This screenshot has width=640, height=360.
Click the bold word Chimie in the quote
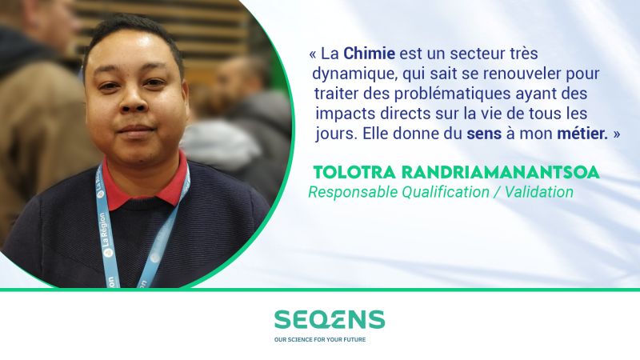pyautogui.click(x=369, y=54)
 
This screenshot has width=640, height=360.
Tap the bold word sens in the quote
pyautogui.click(x=484, y=134)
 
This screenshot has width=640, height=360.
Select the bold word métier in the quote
pyautogui.click(x=582, y=134)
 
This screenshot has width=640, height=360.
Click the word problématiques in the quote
pyautogui.click(x=452, y=94)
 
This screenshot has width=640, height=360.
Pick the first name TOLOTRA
pyautogui.click(x=354, y=172)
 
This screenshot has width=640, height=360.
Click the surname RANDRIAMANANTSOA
pyautogui.click(x=501, y=172)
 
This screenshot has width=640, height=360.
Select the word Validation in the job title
pyautogui.click(x=538, y=192)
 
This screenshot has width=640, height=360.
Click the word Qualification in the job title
pyautogui.click(x=446, y=192)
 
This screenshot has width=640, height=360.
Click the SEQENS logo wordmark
pyautogui.click(x=330, y=319)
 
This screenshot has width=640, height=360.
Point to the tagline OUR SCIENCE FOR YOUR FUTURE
pyautogui.click(x=320, y=339)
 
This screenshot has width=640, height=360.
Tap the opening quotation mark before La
pyautogui.click(x=313, y=54)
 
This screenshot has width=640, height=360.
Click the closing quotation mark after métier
pyautogui.click(x=616, y=134)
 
